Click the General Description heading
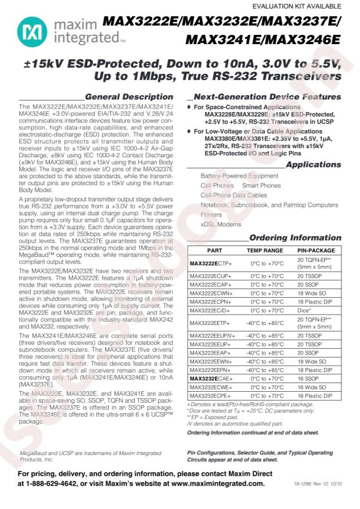click(x=129, y=97)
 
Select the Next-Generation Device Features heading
click(x=267, y=97)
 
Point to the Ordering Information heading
click(x=295, y=238)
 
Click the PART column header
click(x=214, y=250)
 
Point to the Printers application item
click(x=211, y=215)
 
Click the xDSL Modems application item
click(x=221, y=224)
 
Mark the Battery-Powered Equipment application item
click(x=231, y=175)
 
